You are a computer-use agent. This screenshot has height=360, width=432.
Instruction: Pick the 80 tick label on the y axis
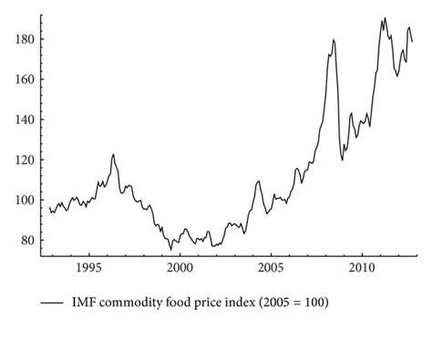tap(26, 241)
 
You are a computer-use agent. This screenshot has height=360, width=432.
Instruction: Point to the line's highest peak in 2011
tap(385, 17)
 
